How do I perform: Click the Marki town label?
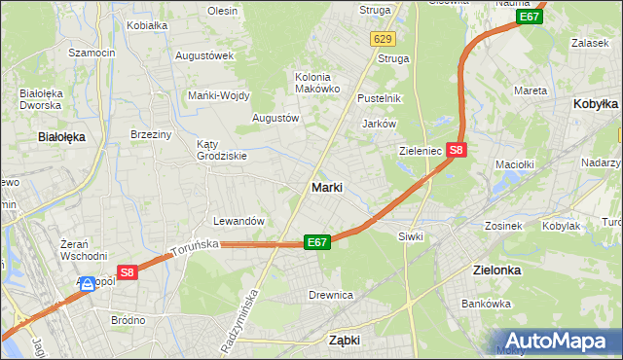(x=326, y=188)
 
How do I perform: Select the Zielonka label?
(x=495, y=270)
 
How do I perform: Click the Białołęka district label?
(x=61, y=137)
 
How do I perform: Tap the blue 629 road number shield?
(x=382, y=38)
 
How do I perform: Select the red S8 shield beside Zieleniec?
(x=458, y=150)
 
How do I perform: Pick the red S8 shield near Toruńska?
(x=128, y=273)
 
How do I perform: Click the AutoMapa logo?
(x=560, y=342)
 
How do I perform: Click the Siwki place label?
(x=410, y=236)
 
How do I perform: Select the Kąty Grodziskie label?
(x=222, y=149)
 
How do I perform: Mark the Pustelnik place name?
(x=380, y=98)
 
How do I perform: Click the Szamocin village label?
(x=92, y=52)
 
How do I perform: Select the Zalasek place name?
(x=590, y=44)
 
